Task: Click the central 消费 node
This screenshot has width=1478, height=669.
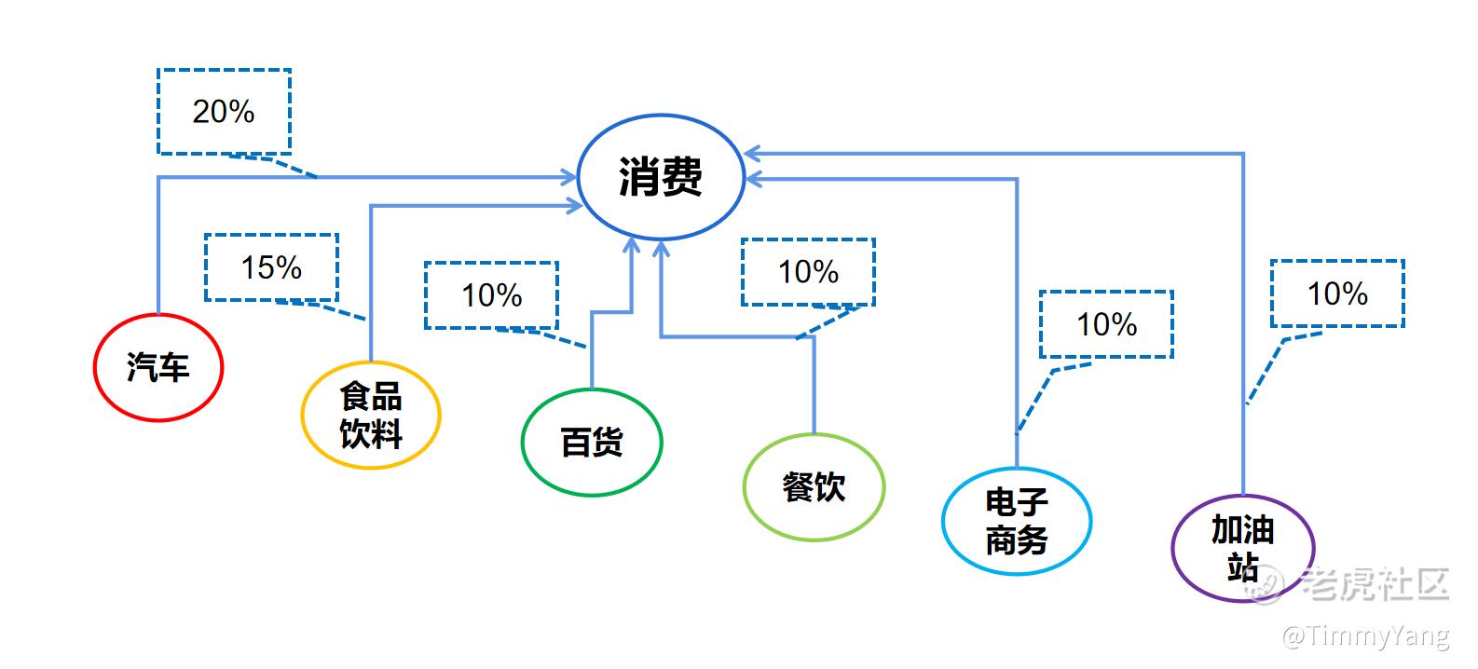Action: (661, 177)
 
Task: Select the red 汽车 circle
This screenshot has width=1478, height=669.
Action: (158, 367)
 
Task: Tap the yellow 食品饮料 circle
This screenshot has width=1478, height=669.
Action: (370, 415)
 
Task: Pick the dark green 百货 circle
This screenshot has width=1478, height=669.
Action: (591, 442)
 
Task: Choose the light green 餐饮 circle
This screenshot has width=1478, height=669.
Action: (813, 486)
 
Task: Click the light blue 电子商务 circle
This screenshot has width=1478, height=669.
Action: (1016, 521)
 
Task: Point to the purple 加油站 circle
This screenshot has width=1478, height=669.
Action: (1242, 548)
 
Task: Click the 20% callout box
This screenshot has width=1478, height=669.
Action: (224, 112)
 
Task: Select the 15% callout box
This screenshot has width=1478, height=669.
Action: (271, 267)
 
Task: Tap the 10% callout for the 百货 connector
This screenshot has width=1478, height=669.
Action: (491, 295)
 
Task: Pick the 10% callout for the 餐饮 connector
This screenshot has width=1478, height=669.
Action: (808, 272)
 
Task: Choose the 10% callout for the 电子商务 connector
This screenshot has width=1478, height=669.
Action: (1106, 324)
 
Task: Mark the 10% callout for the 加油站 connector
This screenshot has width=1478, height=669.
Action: (1337, 294)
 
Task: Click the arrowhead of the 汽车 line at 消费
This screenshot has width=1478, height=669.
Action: (569, 176)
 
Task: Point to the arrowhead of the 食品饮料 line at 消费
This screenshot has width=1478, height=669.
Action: (575, 205)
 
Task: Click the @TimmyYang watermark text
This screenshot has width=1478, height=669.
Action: (1365, 636)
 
